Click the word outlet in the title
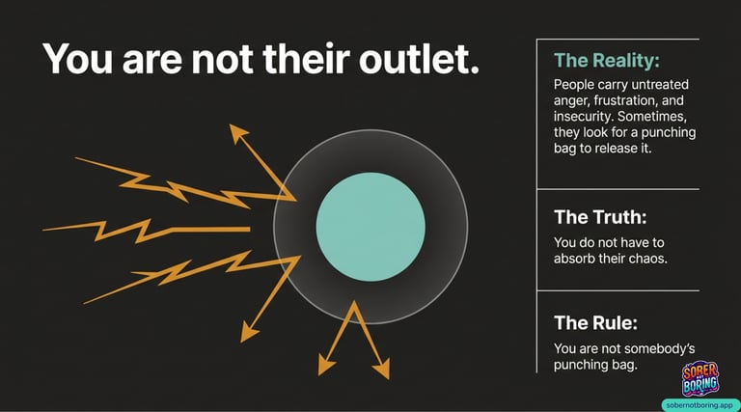click(418, 59)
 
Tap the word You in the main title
click(78, 59)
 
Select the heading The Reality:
click(607, 61)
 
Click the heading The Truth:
click(600, 217)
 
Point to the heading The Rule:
click(595, 323)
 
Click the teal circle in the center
click(370, 227)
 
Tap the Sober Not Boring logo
click(700, 379)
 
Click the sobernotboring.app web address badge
click(700, 405)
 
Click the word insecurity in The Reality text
click(584, 116)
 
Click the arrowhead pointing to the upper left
click(238, 133)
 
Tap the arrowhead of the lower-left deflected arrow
click(249, 333)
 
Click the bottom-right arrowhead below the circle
click(382, 369)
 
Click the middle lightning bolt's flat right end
click(249, 229)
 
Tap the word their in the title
click(306, 59)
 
